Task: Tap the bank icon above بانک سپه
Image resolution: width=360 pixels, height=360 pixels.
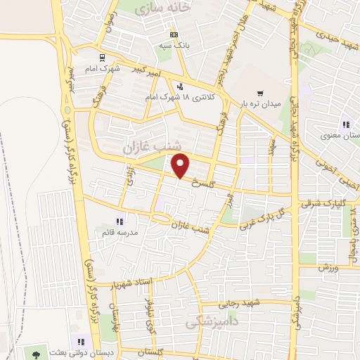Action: (174, 34)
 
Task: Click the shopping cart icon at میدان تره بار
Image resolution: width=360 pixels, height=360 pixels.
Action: (261, 92)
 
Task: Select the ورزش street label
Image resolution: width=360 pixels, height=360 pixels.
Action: (328, 268)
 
